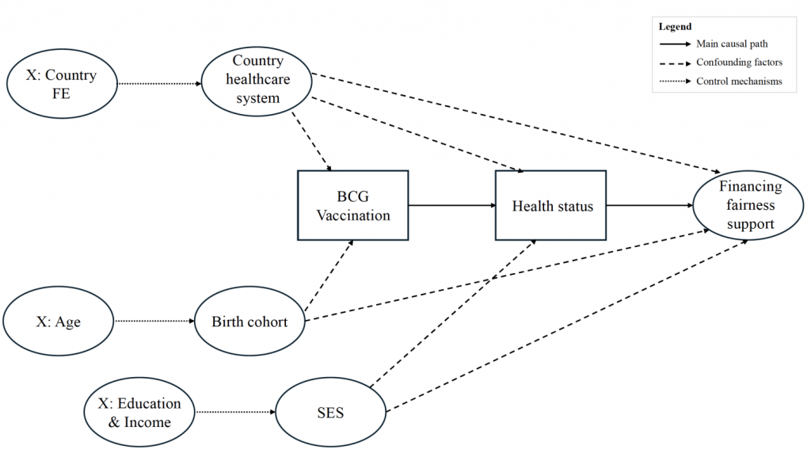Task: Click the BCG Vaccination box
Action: click(353, 205)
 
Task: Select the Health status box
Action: click(551, 205)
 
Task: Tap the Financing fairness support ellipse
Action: click(749, 206)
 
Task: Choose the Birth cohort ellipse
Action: click(249, 322)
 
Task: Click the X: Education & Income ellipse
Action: click(139, 412)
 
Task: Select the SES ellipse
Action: click(330, 413)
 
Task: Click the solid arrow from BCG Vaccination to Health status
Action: click(451, 206)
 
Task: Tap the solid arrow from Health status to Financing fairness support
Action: click(649, 206)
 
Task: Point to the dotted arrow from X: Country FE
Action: click(158, 83)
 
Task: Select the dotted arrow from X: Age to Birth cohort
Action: click(154, 322)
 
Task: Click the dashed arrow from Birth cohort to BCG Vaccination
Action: click(329, 274)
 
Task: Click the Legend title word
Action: click(675, 27)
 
